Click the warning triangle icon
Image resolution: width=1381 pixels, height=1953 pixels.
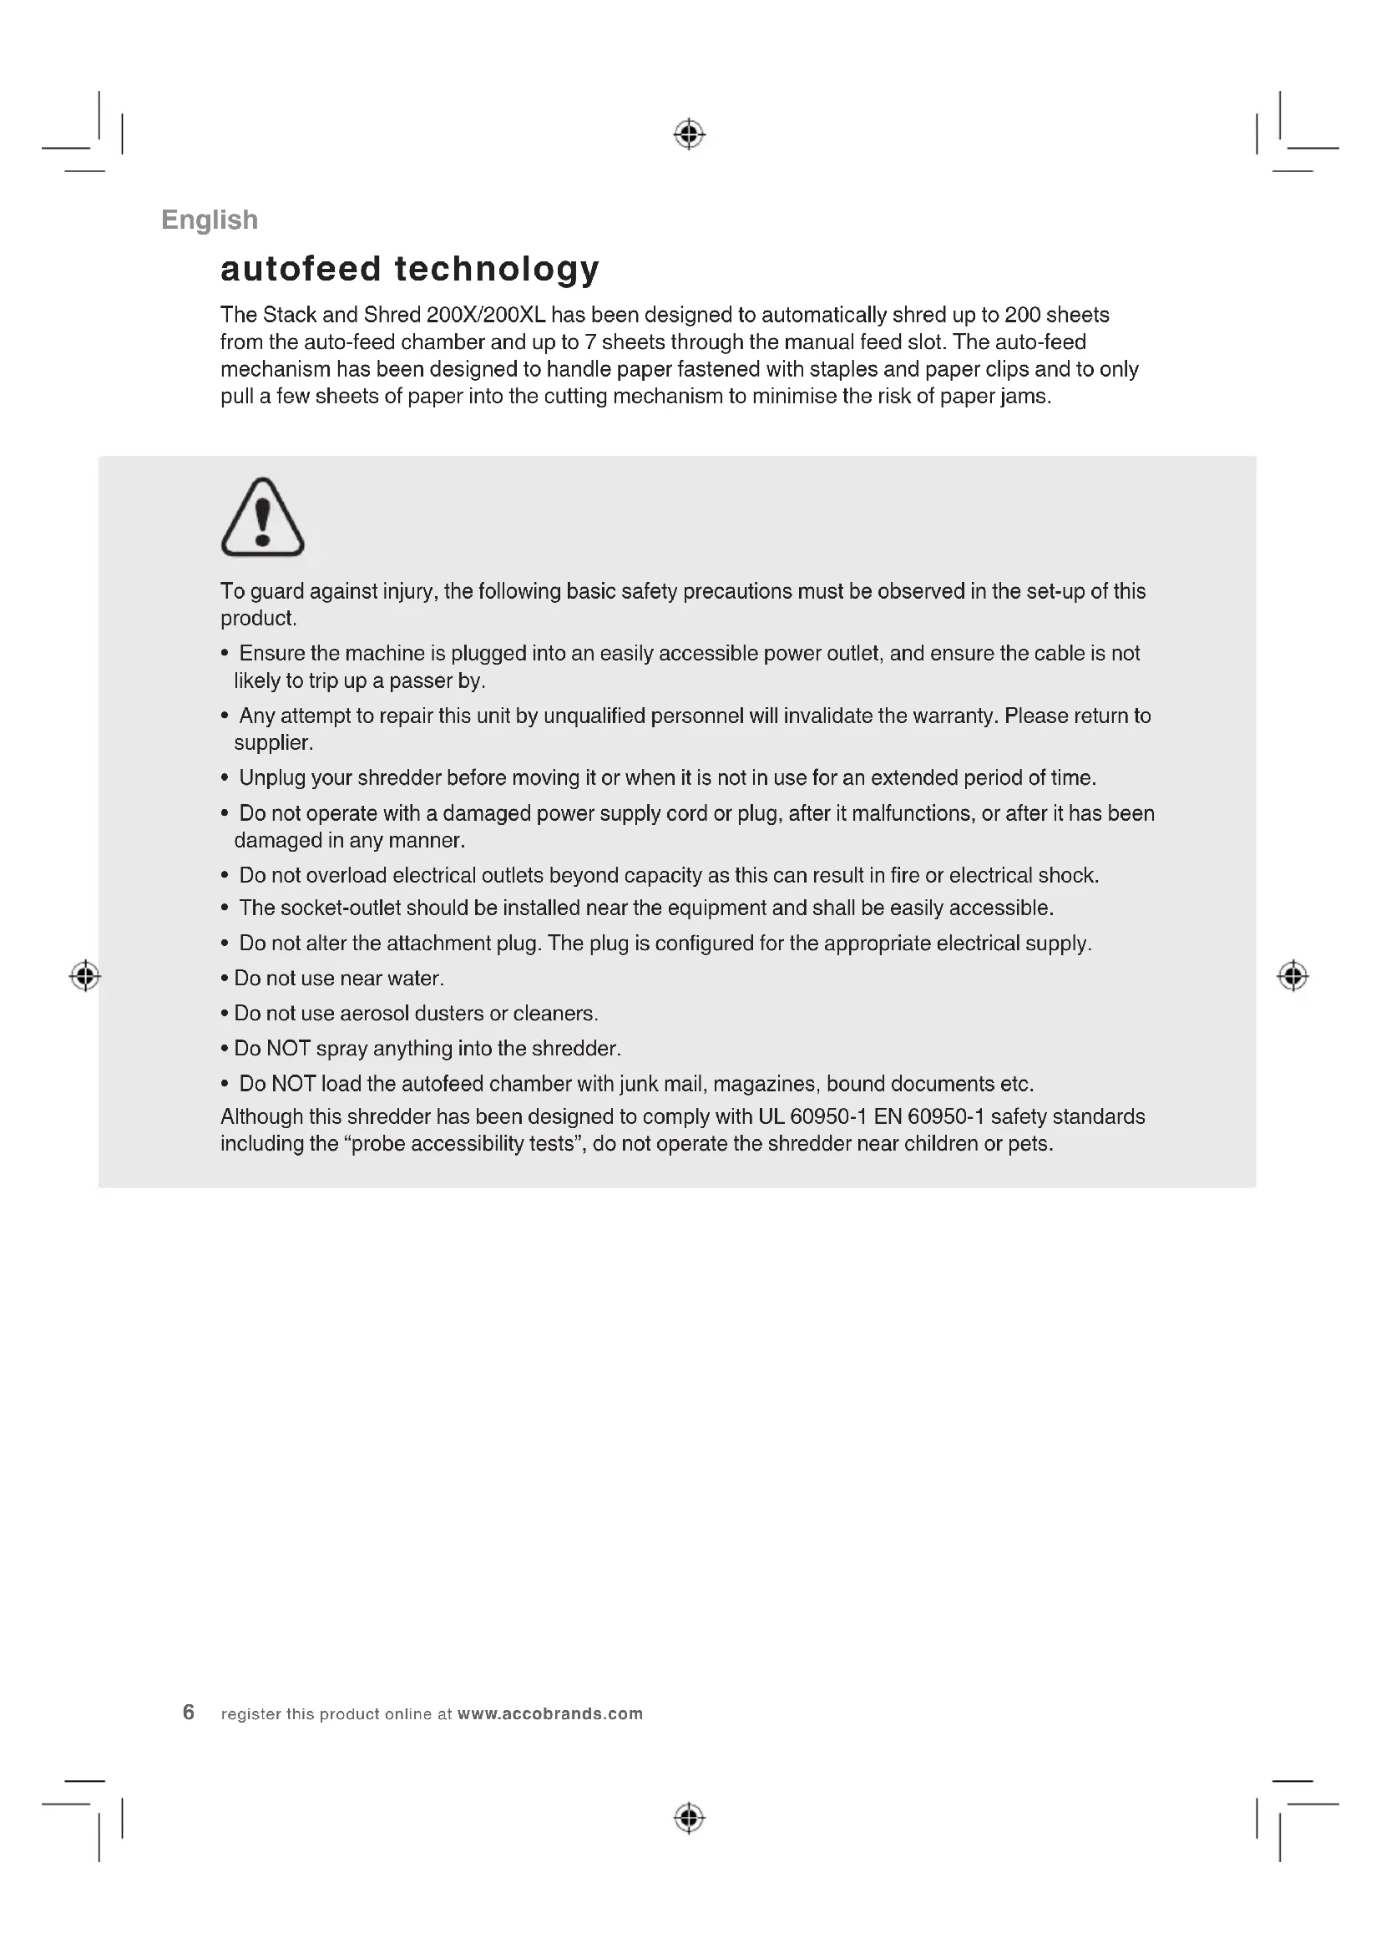(x=262, y=518)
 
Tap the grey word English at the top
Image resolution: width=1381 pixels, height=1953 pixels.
(x=210, y=220)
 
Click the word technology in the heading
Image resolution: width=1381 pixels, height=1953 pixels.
(x=498, y=270)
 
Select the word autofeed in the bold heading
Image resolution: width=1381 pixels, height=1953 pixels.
(x=301, y=269)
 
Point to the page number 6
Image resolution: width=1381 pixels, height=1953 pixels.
(x=189, y=1712)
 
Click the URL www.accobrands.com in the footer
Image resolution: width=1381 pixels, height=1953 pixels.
(x=550, y=1714)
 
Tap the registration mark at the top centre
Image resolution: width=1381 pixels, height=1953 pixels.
(x=689, y=134)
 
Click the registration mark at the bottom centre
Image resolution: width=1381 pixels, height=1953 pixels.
(x=689, y=1818)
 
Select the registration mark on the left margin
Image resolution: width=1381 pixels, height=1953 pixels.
(x=85, y=975)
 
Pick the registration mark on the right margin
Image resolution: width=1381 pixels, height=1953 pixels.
(x=1292, y=975)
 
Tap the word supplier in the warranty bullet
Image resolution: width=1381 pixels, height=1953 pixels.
(x=273, y=743)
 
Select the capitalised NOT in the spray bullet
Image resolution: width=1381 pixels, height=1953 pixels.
(x=288, y=1049)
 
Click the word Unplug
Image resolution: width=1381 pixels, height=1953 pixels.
(x=271, y=778)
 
